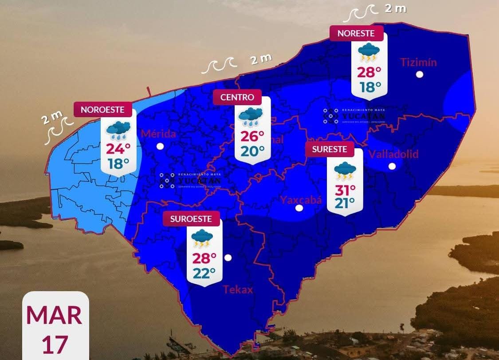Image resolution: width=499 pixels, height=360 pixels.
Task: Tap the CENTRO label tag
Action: pyautogui.click(x=237, y=97)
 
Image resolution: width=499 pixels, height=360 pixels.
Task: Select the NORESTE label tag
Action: pyautogui.click(x=356, y=33)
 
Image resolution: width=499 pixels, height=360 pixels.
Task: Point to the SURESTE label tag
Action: pyautogui.click(x=329, y=150)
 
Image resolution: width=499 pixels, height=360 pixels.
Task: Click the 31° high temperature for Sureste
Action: pyautogui.click(x=345, y=190)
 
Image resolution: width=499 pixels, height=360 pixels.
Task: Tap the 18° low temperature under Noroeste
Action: pyautogui.click(x=118, y=164)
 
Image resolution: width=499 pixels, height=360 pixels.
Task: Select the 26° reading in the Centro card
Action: pyautogui.click(x=252, y=136)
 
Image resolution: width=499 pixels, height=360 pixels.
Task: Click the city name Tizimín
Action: pyautogui.click(x=419, y=62)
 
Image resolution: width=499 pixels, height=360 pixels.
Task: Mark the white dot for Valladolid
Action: pyautogui.click(x=392, y=166)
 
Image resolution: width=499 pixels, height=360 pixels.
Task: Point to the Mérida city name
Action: pyautogui.click(x=158, y=134)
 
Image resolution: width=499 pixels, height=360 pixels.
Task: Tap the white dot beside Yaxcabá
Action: pyautogui.click(x=299, y=208)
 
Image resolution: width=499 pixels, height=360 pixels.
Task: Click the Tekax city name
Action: pyautogui.click(x=238, y=290)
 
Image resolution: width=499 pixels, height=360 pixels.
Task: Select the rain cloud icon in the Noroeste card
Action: pyautogui.click(x=118, y=129)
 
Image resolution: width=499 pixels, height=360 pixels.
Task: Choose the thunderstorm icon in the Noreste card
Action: pyautogui.click(x=369, y=52)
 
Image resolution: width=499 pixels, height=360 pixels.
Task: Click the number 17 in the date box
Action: pyautogui.click(x=55, y=344)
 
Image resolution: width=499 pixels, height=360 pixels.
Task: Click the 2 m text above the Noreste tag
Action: pyautogui.click(x=395, y=8)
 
